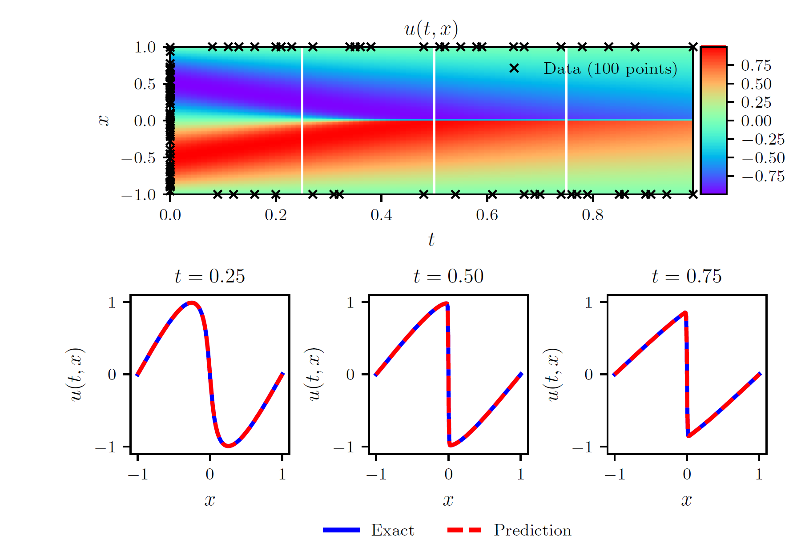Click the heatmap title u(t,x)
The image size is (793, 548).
pos(431,29)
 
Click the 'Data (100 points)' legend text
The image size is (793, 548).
pos(610,69)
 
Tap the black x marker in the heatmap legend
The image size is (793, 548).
pos(514,68)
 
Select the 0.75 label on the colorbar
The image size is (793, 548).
pos(756,65)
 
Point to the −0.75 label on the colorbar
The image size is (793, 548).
pos(763,176)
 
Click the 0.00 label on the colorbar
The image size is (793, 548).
pos(756,121)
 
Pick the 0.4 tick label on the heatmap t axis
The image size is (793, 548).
pos(381,215)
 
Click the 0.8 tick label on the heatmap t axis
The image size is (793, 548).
pos(592,215)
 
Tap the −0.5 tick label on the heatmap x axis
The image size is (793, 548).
pos(138,158)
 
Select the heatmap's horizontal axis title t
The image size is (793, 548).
pos(431,240)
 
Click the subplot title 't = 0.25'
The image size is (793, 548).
pos(209,277)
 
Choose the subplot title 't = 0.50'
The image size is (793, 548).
pos(448,277)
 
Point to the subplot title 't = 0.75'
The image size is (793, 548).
pos(686,277)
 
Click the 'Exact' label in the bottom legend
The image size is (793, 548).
pos(392,530)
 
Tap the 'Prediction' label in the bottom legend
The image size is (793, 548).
pos(532,530)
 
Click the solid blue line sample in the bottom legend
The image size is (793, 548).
pos(341,530)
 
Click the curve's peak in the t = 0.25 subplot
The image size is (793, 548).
pos(192,302)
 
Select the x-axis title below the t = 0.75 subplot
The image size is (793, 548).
pos(686,500)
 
